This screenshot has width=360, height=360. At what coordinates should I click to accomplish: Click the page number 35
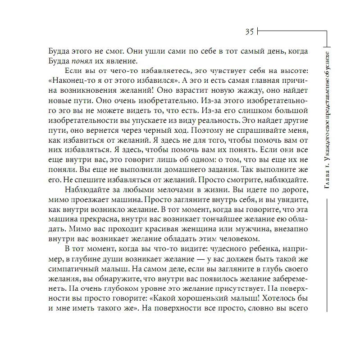pos(250,31)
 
